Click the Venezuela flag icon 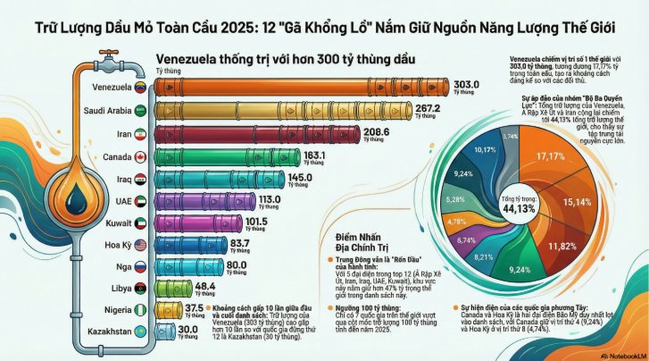pos(139,88)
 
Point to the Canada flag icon pos(139,156)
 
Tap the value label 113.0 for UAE pos(270,198)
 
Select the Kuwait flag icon pos(139,222)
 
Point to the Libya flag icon pos(139,289)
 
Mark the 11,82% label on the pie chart pos(563,246)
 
